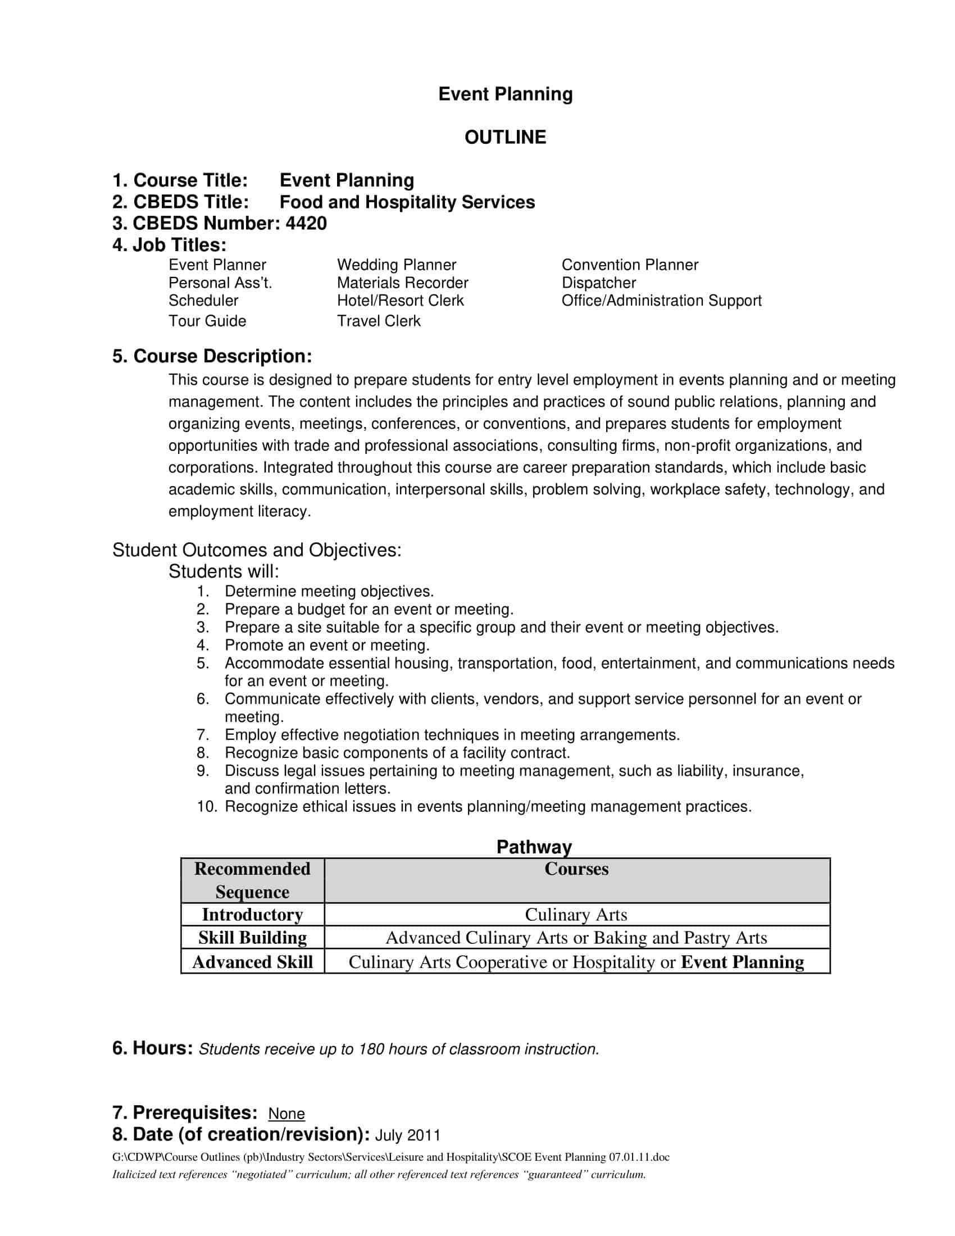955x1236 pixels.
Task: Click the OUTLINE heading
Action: click(x=504, y=138)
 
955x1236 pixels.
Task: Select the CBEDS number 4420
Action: click(x=306, y=224)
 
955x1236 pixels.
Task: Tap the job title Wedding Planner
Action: click(x=396, y=265)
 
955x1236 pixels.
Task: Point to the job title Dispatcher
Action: click(x=599, y=283)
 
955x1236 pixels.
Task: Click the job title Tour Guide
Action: click(x=207, y=321)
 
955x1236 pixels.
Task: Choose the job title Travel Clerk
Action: click(x=379, y=321)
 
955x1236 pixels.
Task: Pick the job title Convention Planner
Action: click(x=630, y=265)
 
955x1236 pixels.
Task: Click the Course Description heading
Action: click(x=212, y=357)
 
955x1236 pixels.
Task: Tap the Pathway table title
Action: click(x=534, y=847)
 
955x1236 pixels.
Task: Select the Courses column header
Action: click(x=576, y=869)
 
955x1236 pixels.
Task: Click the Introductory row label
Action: click(x=252, y=915)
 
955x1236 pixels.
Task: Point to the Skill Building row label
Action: click(x=252, y=938)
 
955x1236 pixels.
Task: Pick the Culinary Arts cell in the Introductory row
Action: click(x=576, y=915)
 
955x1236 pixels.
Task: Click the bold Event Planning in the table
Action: click(x=742, y=962)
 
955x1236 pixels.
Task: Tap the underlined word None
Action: click(x=286, y=1114)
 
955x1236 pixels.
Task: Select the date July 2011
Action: click(x=407, y=1135)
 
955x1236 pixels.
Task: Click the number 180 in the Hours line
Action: click(x=372, y=1049)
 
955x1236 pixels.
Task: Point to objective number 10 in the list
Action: click(x=207, y=806)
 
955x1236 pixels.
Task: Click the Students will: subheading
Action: click(x=224, y=571)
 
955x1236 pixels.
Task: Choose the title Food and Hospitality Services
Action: click(x=407, y=202)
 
